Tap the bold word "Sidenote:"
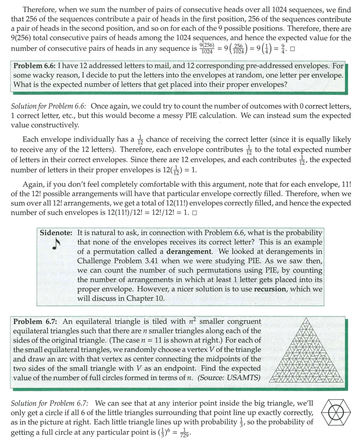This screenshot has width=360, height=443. tap(56, 233)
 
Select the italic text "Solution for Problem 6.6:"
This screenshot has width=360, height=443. tap(49, 106)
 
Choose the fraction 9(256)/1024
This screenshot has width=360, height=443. tap(207, 49)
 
